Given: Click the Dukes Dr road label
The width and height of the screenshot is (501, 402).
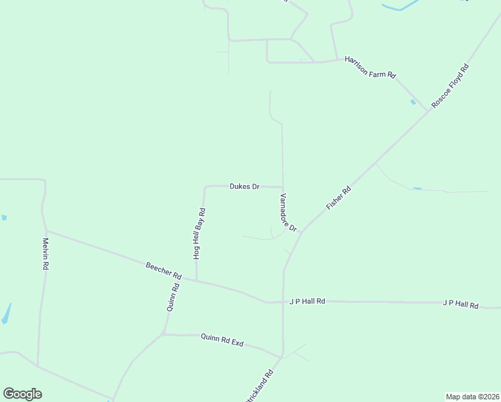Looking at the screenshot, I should pos(244,186).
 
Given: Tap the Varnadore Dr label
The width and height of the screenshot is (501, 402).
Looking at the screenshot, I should pos(288,212).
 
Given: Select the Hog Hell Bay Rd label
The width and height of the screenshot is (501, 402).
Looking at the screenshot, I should pos(199,233).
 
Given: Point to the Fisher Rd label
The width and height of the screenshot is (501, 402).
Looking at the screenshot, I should pos(338,199).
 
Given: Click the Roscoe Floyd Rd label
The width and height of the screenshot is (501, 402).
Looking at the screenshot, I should pos(450,86).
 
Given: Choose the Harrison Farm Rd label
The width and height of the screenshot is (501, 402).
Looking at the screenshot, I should pos(370,67).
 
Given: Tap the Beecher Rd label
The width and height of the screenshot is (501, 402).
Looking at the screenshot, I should pos(163,271).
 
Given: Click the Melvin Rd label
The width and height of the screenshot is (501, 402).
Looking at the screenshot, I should pos(46,254).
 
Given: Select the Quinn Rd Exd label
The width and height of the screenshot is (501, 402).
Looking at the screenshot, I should pos(222,340).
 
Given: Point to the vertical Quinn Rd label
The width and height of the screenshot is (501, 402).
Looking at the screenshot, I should pos(172,297).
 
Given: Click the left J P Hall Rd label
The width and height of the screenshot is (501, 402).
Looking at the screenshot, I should pos(307,301).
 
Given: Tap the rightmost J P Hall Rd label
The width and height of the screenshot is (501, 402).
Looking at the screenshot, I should pos(460,305).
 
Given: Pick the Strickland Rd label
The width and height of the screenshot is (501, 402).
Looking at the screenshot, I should pos(259,386).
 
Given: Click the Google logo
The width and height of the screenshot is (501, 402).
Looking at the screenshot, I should pos(22,394).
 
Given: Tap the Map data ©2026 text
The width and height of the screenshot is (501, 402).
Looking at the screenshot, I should pos(472,397).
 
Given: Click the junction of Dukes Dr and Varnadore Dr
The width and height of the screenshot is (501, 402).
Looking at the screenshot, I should pos(283,188).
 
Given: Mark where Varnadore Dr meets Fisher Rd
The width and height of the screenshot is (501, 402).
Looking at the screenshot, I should pos(301,232).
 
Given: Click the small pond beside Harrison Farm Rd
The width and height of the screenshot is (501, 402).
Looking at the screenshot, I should pos(413,102).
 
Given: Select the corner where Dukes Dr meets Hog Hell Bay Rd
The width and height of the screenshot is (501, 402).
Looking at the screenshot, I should pos(205,187).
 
